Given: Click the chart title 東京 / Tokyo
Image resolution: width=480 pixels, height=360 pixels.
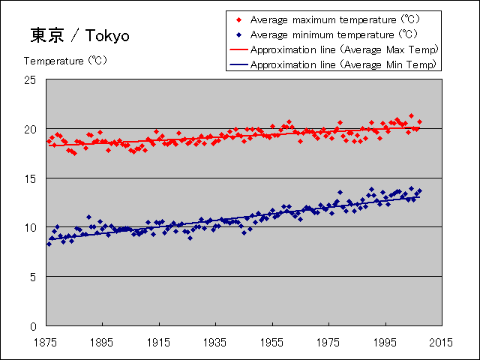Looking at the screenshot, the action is click(80, 35).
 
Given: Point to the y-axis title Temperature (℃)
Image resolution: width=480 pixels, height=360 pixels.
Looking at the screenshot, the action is click(66, 61).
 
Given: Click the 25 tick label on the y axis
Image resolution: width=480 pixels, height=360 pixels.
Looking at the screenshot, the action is click(30, 80).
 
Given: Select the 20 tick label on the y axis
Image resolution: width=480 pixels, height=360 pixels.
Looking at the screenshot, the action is click(30, 129).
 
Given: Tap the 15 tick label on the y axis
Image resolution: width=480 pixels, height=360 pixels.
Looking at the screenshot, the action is click(30, 178).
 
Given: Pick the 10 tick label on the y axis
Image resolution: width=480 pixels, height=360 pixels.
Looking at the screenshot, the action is click(30, 227).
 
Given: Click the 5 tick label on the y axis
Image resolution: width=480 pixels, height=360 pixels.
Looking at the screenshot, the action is click(33, 277).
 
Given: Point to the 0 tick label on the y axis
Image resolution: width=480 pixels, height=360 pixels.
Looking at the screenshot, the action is click(33, 326).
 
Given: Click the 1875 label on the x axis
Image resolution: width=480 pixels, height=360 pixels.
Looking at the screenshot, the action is click(45, 342).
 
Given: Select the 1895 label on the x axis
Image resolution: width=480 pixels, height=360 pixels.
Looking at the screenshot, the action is click(102, 342).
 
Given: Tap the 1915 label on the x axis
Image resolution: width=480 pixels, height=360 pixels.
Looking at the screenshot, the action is click(158, 342).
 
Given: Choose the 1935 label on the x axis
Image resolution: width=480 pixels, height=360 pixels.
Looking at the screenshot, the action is click(215, 342).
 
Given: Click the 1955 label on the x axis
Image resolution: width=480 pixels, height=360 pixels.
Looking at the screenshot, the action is click(271, 342).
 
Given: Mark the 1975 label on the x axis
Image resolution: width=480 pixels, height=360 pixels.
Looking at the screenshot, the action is click(328, 342).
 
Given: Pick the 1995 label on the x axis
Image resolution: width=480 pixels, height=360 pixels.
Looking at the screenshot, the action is click(385, 342).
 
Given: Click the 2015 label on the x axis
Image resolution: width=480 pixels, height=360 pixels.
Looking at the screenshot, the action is click(441, 342).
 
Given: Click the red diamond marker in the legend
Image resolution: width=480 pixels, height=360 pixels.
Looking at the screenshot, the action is click(239, 20).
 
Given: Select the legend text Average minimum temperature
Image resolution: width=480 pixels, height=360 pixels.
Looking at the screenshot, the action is click(322, 34).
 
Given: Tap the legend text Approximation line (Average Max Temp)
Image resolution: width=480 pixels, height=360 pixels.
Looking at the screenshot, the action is click(345, 49).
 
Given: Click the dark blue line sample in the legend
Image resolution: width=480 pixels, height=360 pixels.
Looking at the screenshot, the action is click(238, 64).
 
